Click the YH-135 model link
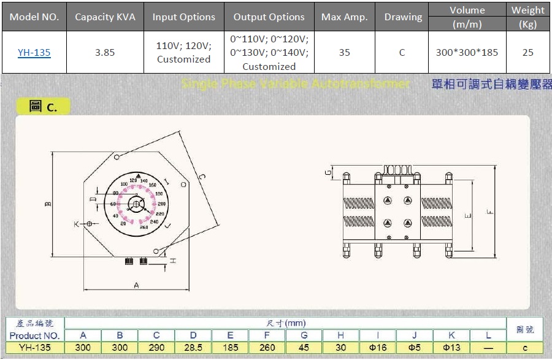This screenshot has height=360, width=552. [34, 53]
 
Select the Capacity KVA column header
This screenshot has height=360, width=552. [105, 17]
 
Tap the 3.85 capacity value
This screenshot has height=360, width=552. [105, 53]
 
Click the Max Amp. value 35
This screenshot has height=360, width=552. [344, 53]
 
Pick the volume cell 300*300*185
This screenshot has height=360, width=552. [467, 53]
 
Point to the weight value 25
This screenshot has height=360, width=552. [527, 53]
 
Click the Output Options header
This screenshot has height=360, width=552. [269, 17]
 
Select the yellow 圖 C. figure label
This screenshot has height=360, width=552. [43, 107]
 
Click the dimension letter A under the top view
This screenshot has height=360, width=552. [136, 285]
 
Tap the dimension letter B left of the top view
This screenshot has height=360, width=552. [48, 204]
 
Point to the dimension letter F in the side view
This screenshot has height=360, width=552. [489, 212]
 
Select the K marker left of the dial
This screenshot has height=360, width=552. [77, 224]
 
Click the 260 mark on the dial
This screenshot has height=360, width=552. [144, 228]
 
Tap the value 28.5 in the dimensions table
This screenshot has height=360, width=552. [193, 348]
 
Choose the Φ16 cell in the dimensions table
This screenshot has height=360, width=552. [377, 348]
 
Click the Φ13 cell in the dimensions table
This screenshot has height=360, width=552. [451, 348]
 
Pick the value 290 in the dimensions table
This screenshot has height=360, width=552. [156, 348]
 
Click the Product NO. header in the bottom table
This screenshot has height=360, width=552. [34, 335]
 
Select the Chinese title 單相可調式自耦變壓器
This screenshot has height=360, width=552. [491, 85]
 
